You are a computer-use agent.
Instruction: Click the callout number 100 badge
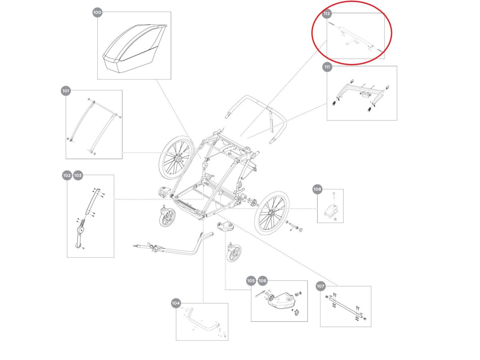pos(97,13)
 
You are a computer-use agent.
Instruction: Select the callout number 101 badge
pos(66,91)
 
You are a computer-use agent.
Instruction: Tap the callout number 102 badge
pos(67,175)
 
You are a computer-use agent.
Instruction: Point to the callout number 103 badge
pos(78,175)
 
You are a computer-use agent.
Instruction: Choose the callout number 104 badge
pos(176,303)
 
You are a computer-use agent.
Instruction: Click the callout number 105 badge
pos(251,281)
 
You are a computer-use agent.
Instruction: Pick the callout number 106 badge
pos(262,281)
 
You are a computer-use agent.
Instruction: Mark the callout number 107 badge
pos(320,286)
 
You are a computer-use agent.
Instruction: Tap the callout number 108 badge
pos(317,189)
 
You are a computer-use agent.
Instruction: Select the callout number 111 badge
pos(327,67)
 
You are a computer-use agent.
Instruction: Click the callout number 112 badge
pos(327,14)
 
